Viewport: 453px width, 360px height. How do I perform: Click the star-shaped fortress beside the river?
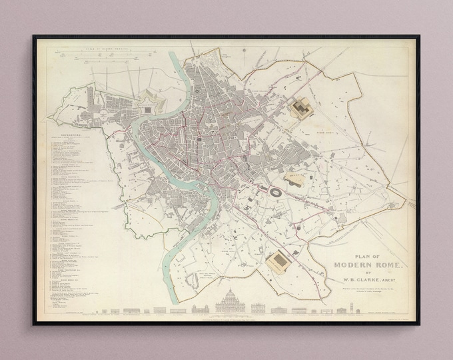click(146, 105)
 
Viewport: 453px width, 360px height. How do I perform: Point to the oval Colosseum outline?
click(274, 191)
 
